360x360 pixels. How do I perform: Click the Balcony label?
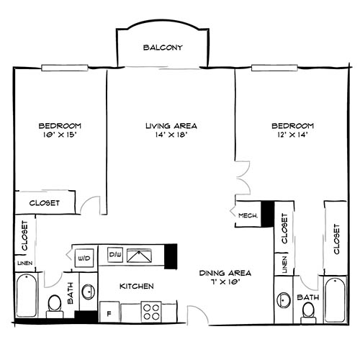point(162,48)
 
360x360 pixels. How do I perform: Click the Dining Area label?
point(225,273)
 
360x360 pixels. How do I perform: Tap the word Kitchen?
point(137,286)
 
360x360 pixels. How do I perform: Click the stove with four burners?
point(152,311)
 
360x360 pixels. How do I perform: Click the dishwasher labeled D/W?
point(114,254)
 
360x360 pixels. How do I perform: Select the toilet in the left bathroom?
point(54,305)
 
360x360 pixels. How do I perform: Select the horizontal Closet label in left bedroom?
point(44,203)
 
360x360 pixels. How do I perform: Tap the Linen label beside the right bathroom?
point(284,264)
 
